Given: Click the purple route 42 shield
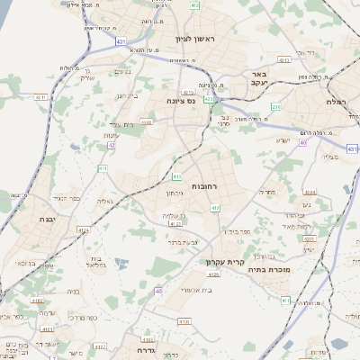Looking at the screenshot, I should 112,144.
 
